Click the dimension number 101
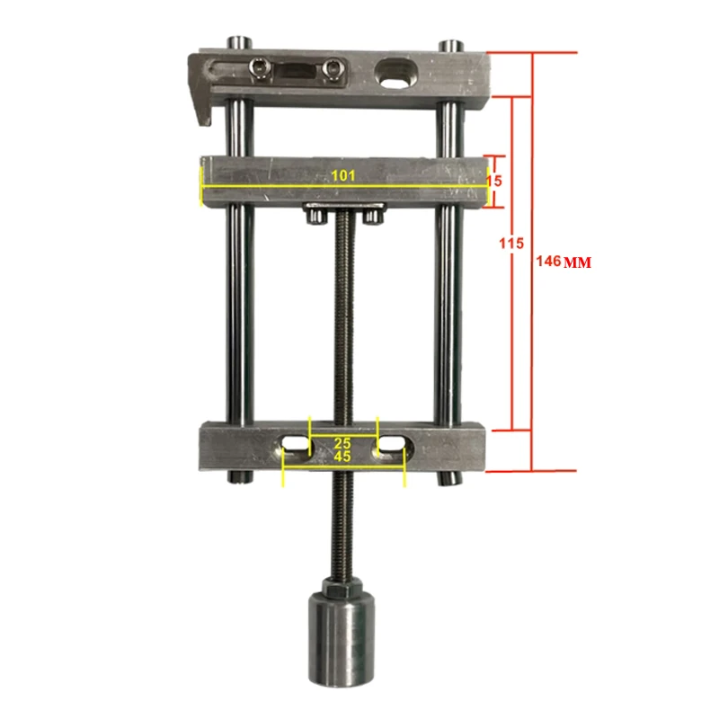pos(342,176)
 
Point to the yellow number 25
pos(343,442)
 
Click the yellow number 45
pos(343,457)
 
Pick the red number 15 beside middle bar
pos(493,180)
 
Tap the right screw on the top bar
pos(334,67)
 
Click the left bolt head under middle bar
pos(314,215)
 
